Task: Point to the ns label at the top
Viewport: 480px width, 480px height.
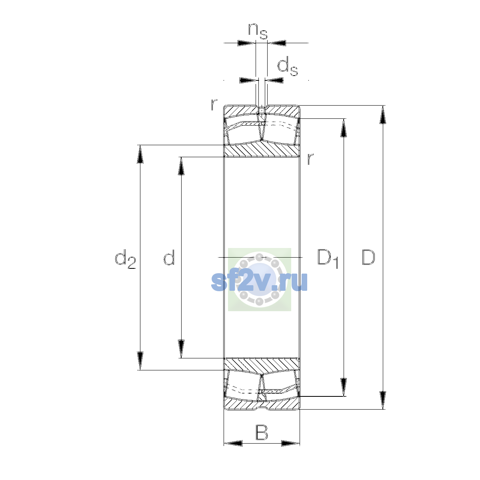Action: (x=258, y=31)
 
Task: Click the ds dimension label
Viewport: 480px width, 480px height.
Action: (x=288, y=66)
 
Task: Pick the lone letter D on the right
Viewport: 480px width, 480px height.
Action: (x=368, y=257)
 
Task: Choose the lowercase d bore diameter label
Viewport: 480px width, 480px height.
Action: (x=169, y=257)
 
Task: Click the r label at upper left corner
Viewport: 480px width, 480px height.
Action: (x=214, y=104)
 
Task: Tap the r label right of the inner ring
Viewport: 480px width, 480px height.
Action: (x=310, y=159)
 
